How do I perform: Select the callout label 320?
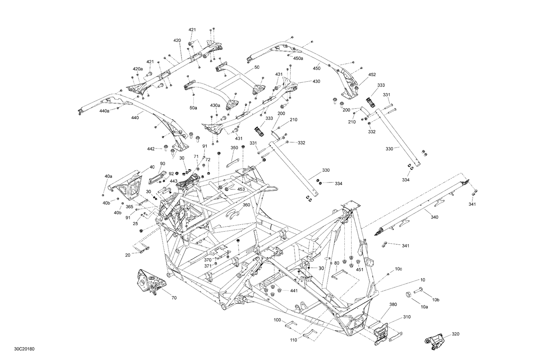(455, 334)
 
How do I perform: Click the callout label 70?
(174, 297)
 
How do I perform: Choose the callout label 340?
(434, 217)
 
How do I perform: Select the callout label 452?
(372, 75)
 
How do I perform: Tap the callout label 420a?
(137, 69)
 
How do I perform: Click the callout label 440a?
(105, 111)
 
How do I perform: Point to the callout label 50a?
(193, 107)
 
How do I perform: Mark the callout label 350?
(234, 147)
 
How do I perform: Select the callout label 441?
(294, 291)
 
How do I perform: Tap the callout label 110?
(294, 340)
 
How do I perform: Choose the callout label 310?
(407, 317)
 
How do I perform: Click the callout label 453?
(241, 189)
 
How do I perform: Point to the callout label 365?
(129, 207)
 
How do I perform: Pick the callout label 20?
(128, 255)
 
